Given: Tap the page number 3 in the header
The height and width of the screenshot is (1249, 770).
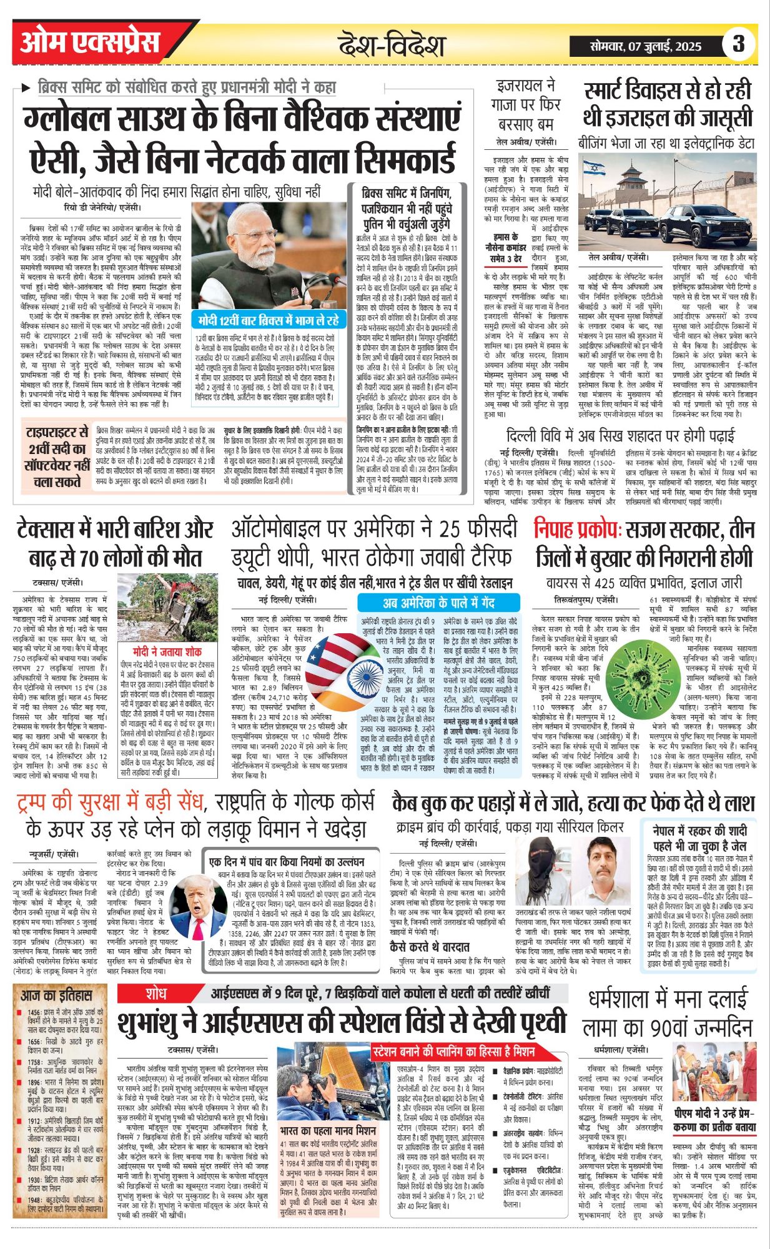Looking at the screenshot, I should point(738,44).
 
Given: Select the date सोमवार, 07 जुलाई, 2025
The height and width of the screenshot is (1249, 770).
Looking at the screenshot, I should point(646,46).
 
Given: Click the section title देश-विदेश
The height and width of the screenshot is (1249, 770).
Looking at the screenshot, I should point(391,46).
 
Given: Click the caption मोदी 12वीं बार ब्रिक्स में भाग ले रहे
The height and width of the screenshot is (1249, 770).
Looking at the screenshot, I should point(269,320).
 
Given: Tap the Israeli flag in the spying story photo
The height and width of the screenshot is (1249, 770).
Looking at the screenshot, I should point(593,167).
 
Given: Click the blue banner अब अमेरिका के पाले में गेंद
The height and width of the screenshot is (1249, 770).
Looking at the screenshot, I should point(438,603).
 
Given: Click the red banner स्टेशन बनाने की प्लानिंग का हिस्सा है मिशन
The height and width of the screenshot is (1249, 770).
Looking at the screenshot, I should point(453,1051).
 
